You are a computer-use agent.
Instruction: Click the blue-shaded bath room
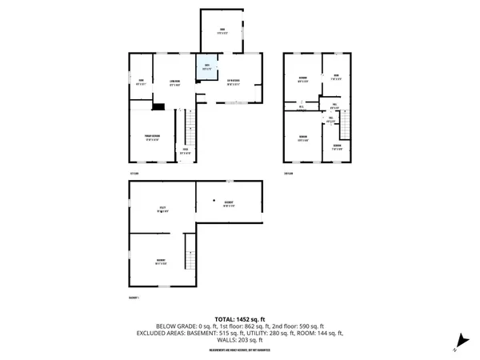(206, 66)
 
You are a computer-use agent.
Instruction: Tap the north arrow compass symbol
(458, 342)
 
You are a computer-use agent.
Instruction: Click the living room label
(171, 79)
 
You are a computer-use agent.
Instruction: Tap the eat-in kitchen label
(234, 82)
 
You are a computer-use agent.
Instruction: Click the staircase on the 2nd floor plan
(346, 123)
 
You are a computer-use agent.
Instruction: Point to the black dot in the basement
(213, 200)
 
